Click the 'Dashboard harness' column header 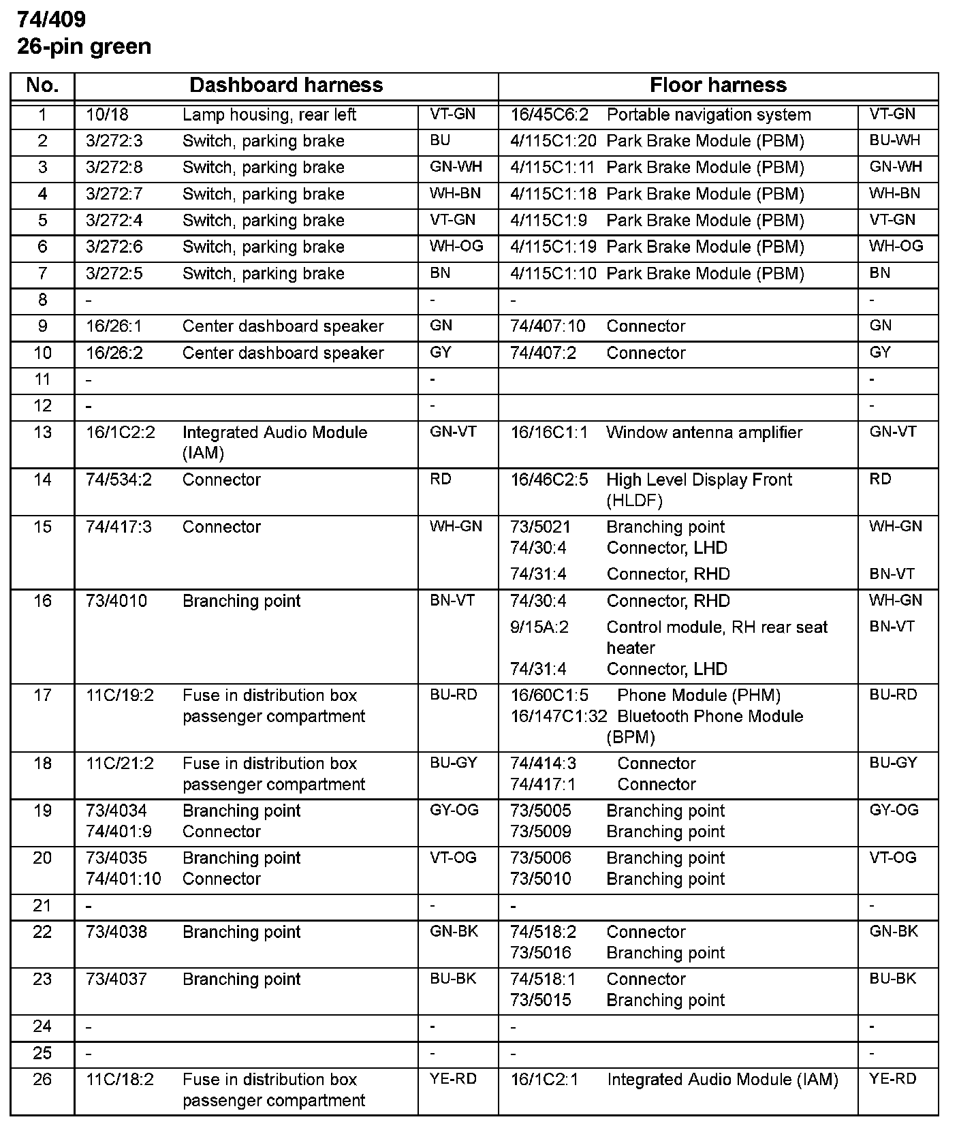(x=286, y=85)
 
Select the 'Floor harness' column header (x=718, y=85)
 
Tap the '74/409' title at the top (x=52, y=20)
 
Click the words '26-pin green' (x=84, y=46)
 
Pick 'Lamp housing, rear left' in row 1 (x=269, y=115)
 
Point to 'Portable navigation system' (x=708, y=115)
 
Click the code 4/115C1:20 (x=553, y=141)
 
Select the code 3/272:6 (x=114, y=247)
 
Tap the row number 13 (x=42, y=433)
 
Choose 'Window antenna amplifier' (x=704, y=433)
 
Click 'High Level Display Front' (x=699, y=480)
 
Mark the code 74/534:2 (x=119, y=480)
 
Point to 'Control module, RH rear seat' (x=717, y=627)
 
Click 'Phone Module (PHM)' (x=698, y=695)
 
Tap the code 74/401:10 (x=123, y=879)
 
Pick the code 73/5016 (x=541, y=953)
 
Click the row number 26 (x=42, y=1080)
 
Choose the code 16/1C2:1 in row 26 (x=544, y=1080)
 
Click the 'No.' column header (x=42, y=85)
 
